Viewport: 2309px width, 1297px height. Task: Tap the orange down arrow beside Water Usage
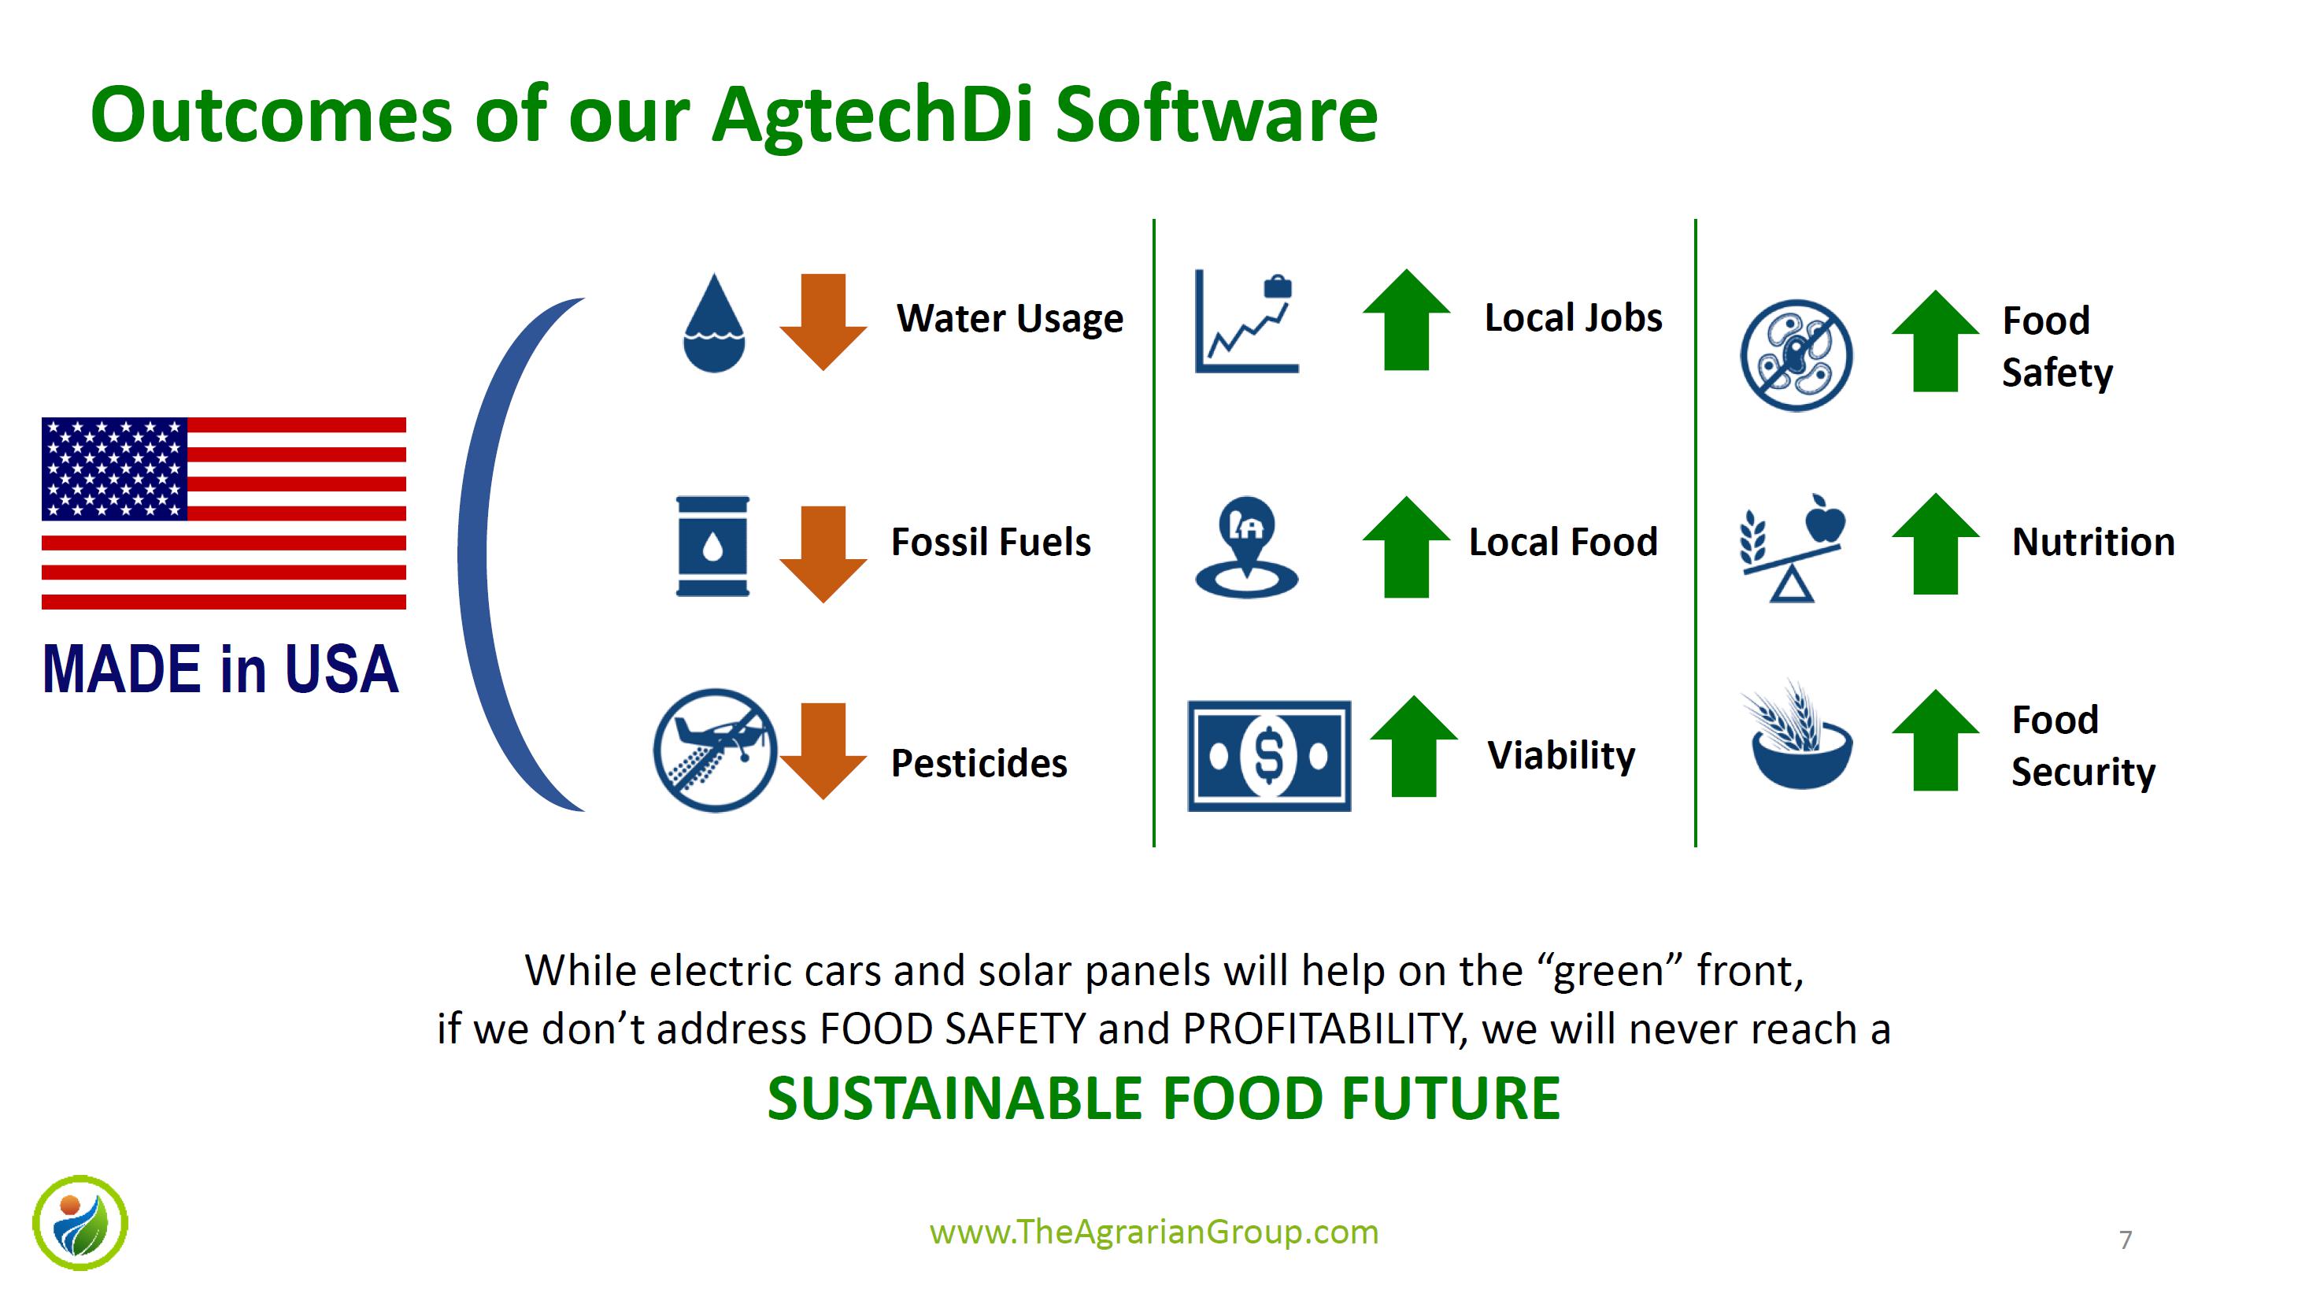point(823,322)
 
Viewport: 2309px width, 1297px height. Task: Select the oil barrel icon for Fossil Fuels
point(712,546)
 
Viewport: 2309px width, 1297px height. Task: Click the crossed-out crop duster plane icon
point(714,750)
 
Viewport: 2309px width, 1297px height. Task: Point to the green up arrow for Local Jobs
point(1406,320)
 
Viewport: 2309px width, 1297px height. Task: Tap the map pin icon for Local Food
point(1247,547)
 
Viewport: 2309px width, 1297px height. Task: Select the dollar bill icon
point(1269,757)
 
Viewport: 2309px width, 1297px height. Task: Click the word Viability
point(1561,756)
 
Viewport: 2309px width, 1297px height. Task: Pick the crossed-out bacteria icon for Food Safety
point(1797,355)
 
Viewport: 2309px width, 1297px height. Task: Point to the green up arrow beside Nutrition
point(1935,543)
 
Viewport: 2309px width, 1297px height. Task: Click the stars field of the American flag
point(115,469)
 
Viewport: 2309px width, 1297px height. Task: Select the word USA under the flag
point(342,669)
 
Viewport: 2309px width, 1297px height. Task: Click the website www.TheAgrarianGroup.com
point(1154,1232)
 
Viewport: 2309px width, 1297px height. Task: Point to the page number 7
point(2126,1240)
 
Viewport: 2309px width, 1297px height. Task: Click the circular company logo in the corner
point(80,1223)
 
